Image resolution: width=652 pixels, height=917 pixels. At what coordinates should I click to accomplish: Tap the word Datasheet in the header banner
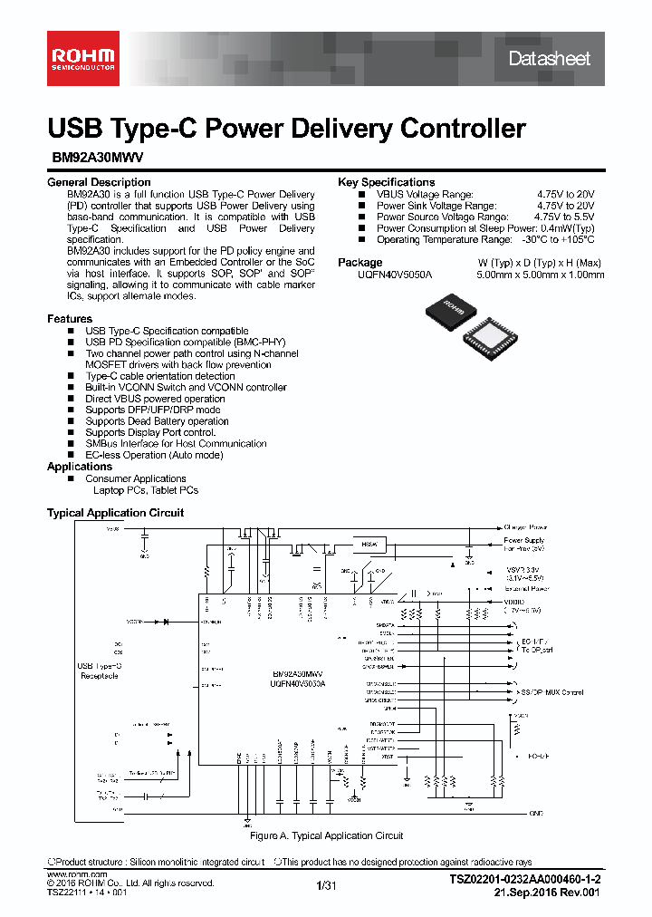[549, 59]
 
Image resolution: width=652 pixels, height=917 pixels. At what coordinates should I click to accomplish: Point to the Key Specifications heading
[386, 182]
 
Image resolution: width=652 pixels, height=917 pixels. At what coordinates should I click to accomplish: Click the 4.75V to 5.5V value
[564, 217]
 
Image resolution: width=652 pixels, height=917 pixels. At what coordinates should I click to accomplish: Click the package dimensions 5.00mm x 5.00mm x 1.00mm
[540, 274]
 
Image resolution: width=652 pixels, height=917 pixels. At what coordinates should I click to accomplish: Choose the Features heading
[70, 319]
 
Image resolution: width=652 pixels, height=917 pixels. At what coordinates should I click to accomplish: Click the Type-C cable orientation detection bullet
[159, 376]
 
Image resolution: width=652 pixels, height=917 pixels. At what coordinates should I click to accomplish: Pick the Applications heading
[80, 467]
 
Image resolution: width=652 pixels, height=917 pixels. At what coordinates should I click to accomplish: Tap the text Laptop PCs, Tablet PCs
[145, 490]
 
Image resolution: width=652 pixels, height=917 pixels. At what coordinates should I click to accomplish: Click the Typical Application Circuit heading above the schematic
[115, 513]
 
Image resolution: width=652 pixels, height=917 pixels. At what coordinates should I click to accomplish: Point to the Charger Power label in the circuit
[525, 526]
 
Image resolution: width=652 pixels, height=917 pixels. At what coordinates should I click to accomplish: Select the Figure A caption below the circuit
[326, 835]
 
